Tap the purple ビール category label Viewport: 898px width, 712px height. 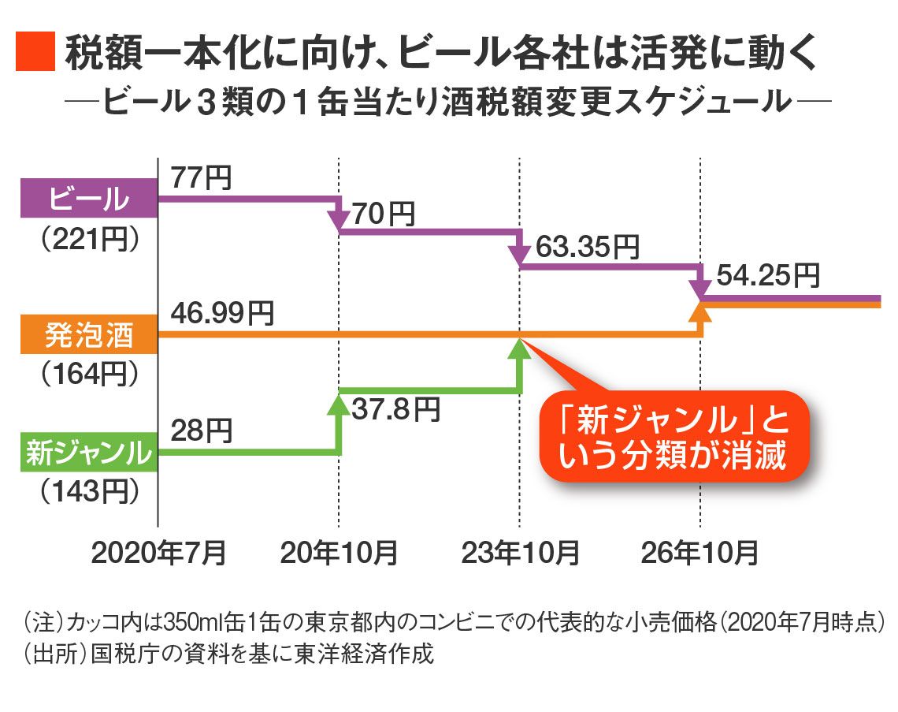(x=88, y=198)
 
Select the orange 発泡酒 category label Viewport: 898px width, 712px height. (x=88, y=334)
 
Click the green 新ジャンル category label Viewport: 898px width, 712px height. (x=88, y=453)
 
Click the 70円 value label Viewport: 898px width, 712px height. (x=384, y=213)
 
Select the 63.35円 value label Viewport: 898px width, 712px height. (x=586, y=247)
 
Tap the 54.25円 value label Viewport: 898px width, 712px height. (x=768, y=276)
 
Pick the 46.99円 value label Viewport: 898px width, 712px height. (x=223, y=314)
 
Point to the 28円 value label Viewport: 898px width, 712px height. (x=201, y=431)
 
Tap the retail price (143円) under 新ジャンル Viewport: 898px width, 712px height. (x=88, y=492)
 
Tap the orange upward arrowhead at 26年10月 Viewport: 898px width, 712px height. (x=701, y=311)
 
